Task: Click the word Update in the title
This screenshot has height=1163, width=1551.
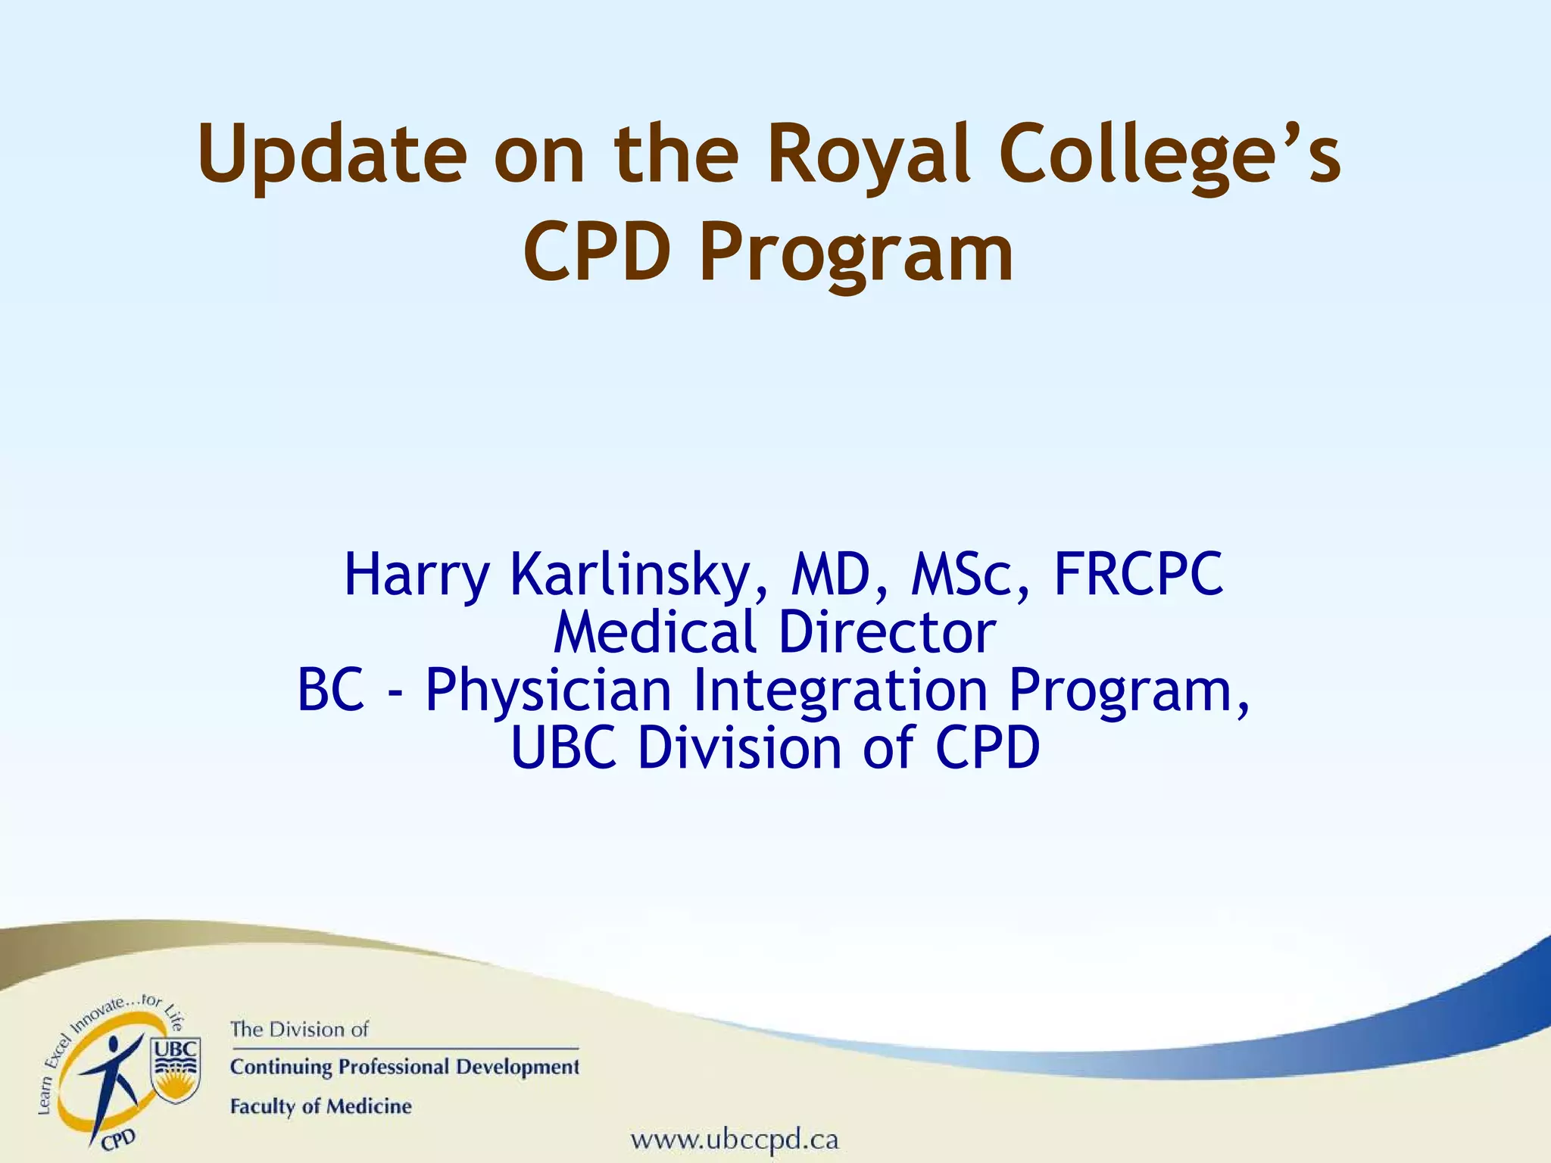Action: pos(332,155)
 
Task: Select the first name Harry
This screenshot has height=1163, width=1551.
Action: pos(417,575)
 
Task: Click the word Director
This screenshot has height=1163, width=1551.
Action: pos(886,632)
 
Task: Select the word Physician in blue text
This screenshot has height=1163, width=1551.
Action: pos(548,691)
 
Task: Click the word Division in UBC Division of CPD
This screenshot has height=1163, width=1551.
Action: pos(739,748)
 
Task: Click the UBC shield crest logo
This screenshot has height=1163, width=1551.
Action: pos(176,1068)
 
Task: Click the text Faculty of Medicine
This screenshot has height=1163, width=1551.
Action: pos(320,1106)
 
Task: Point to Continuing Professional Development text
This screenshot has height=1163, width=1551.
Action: pos(404,1067)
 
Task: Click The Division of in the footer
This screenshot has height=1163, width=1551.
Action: pos(299,1030)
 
